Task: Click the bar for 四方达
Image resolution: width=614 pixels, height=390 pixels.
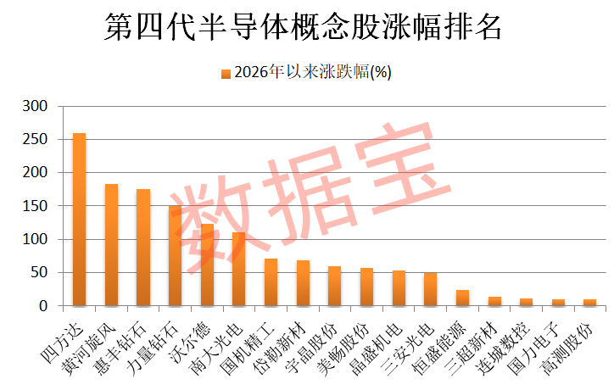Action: coord(80,220)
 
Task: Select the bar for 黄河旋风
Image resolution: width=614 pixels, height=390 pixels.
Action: coord(112,245)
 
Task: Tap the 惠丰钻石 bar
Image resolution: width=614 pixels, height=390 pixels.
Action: coord(143,247)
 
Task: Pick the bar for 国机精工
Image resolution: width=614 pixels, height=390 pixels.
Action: coord(271,282)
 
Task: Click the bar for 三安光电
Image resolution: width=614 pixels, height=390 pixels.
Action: coord(430,289)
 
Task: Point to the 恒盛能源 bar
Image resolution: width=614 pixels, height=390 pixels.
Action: coord(462,298)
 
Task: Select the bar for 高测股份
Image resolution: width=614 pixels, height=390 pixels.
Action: coord(589,303)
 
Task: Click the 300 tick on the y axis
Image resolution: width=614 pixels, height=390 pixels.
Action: coord(35,106)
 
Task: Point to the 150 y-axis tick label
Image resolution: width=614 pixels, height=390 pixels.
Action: coord(35,205)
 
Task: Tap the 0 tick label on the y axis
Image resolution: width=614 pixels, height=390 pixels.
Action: coord(43,306)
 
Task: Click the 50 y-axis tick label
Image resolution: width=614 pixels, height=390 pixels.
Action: coord(39,272)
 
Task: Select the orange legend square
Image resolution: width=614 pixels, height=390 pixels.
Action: coord(226,74)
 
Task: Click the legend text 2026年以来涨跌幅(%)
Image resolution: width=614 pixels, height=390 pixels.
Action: coord(313,72)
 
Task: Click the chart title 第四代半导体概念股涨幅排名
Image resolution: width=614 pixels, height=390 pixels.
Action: coord(303,26)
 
